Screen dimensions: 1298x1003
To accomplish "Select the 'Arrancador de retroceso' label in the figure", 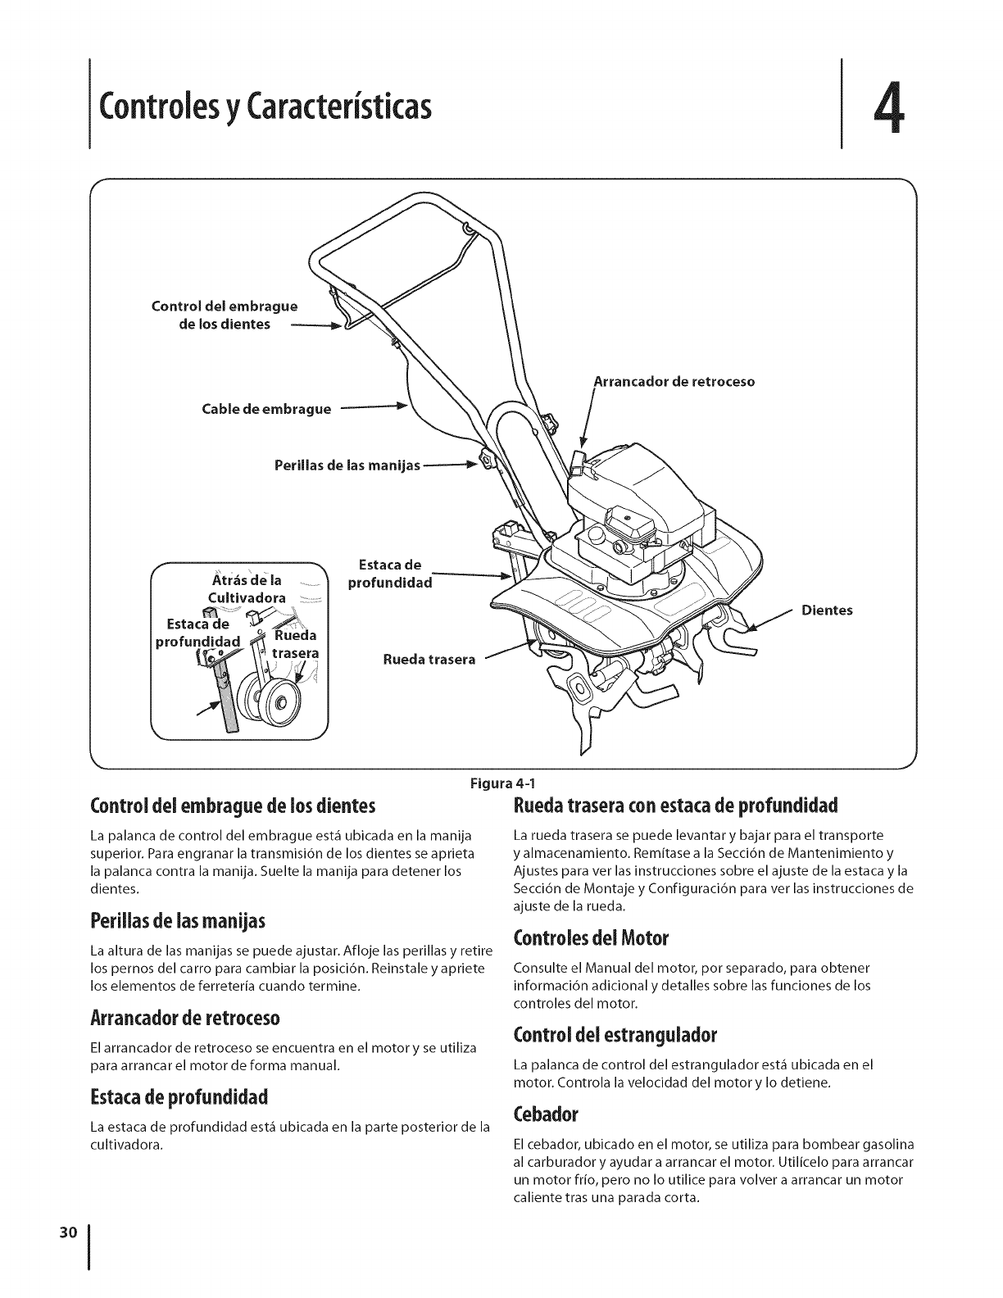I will click(674, 382).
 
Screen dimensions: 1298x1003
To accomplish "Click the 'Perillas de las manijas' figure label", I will click(347, 466).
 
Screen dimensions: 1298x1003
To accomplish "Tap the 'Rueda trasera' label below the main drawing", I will click(429, 660).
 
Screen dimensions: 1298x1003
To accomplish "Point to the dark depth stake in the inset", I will click(227, 701).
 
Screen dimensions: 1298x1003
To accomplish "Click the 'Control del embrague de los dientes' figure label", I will click(223, 315).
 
